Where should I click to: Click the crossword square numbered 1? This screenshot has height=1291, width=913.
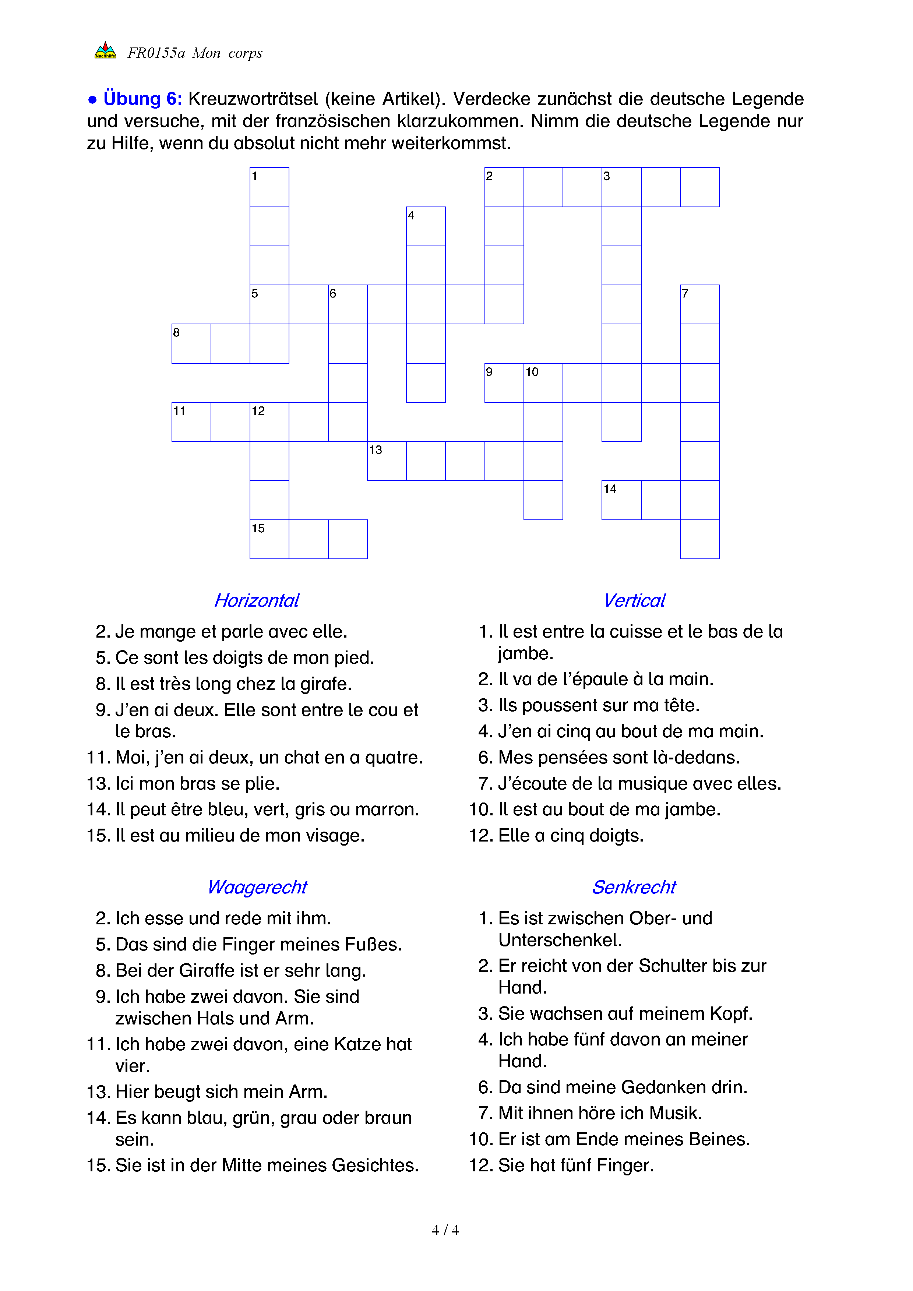[269, 187]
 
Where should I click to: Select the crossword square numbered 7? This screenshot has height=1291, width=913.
[699, 304]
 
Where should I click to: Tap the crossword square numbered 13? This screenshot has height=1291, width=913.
[387, 461]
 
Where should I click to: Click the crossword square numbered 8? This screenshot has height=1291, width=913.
[191, 343]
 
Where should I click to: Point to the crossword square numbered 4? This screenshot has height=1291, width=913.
[426, 226]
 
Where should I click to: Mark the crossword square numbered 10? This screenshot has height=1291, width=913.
[543, 383]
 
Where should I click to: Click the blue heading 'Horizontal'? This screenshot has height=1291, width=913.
[257, 600]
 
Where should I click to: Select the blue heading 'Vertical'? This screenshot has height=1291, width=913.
[634, 600]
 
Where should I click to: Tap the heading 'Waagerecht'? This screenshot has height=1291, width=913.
[257, 887]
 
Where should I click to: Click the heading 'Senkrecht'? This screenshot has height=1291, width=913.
[634, 887]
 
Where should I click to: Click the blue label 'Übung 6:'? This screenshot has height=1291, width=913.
[142, 99]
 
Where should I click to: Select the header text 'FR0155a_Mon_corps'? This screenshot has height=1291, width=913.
[195, 53]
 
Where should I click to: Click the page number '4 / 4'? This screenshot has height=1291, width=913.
[445, 1230]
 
